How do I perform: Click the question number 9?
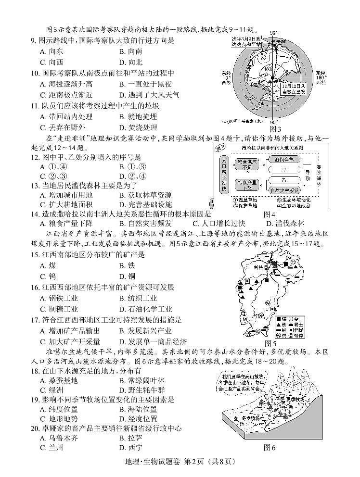click(34, 41)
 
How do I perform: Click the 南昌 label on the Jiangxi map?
click(260, 266)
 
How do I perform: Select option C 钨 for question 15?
click(48, 276)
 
